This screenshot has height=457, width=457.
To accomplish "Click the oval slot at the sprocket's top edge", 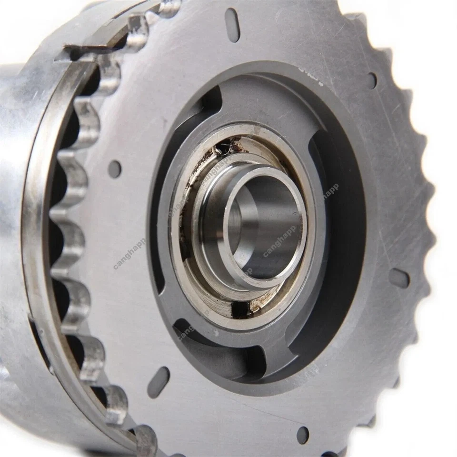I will pyautogui.click(x=232, y=25).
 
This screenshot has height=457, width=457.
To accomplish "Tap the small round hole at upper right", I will pyautogui.click(x=372, y=80).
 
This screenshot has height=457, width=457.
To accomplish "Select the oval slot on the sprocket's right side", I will pyautogui.click(x=399, y=278).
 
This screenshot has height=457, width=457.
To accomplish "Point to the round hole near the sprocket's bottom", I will pyautogui.click(x=302, y=434).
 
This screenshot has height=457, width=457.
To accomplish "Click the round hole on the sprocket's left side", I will pyautogui.click(x=115, y=169).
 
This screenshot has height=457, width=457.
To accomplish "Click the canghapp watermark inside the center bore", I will pyautogui.click(x=279, y=240).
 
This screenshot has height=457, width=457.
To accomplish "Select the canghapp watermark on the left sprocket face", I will pyautogui.click(x=129, y=254).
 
